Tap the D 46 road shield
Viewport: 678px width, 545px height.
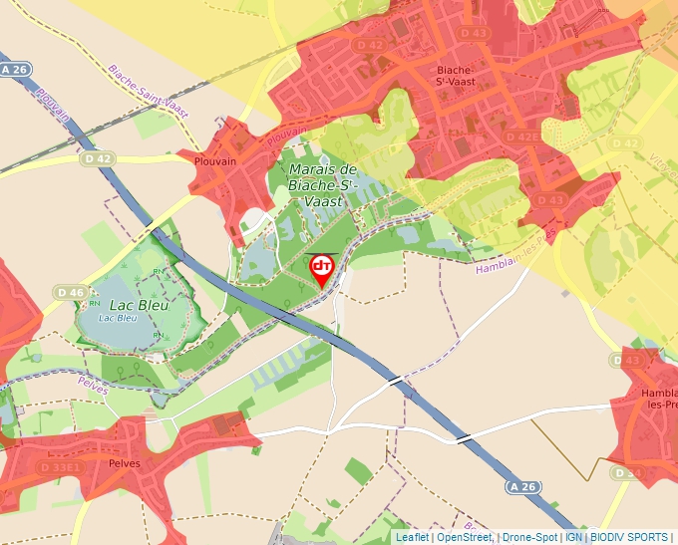(x=70, y=292)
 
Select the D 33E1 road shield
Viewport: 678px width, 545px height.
(x=59, y=466)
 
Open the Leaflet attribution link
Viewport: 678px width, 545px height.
(x=412, y=537)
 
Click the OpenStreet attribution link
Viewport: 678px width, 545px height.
(x=464, y=537)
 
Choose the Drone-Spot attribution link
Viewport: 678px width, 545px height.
(x=529, y=537)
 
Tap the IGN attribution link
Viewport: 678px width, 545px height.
(x=573, y=537)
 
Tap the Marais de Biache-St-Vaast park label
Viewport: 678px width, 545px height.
(x=322, y=184)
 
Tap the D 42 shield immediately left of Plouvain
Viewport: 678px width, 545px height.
(x=99, y=157)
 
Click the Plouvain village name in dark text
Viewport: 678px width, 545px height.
(x=216, y=161)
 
